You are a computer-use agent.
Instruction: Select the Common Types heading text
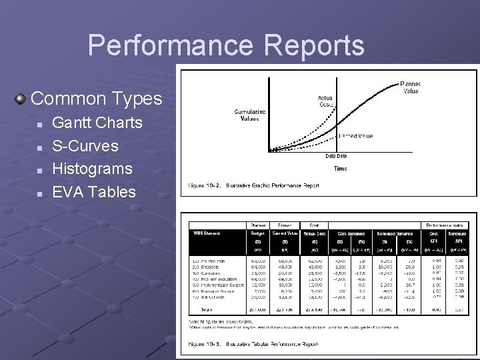click(97, 99)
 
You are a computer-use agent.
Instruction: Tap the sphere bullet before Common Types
click(21, 99)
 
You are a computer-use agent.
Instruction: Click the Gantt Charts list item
click(97, 123)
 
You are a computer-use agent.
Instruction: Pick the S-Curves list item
click(85, 145)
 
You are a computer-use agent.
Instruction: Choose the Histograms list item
click(93, 169)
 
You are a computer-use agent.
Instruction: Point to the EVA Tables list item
click(94, 192)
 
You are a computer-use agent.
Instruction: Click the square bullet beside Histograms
click(41, 169)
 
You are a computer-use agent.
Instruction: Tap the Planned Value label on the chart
click(411, 87)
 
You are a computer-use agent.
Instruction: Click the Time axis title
click(340, 169)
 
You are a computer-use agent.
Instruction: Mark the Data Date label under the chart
click(336, 156)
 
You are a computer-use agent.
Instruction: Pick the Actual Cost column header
click(314, 233)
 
